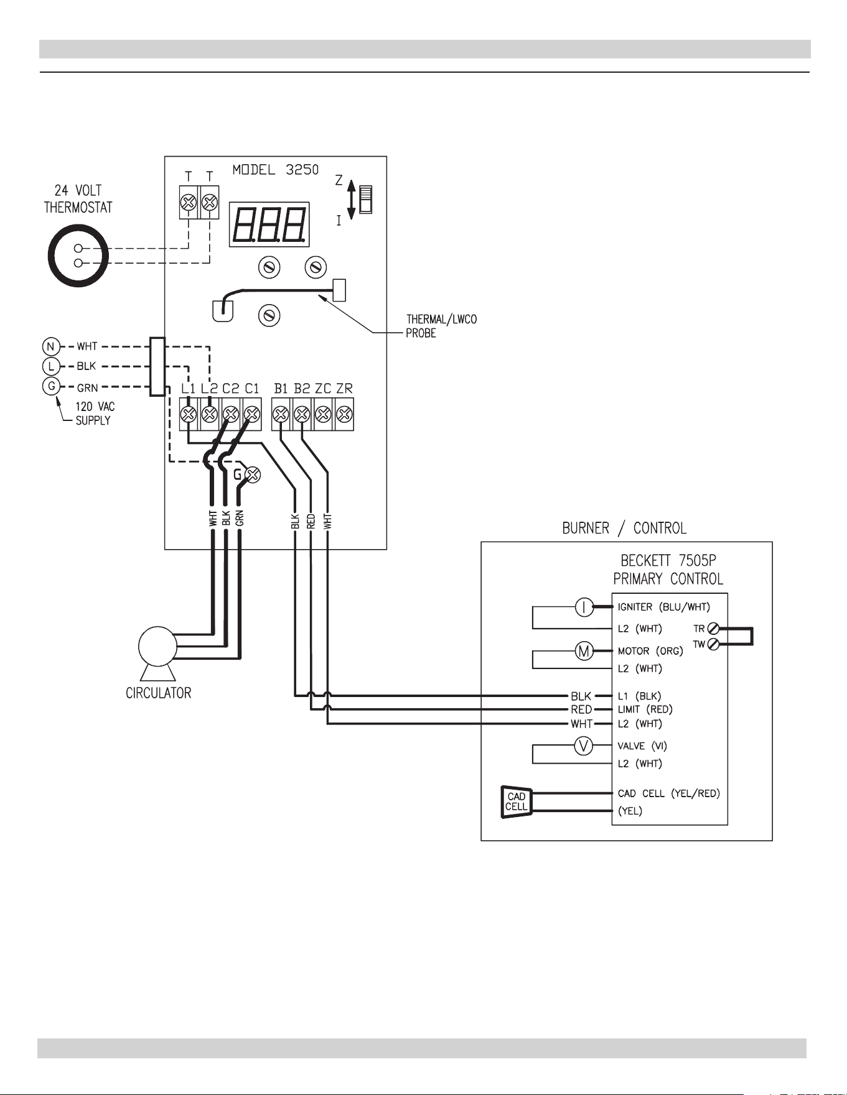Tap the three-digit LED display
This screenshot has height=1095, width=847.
(x=269, y=224)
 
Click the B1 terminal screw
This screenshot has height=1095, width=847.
(x=281, y=414)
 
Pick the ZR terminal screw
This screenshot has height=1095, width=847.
(x=344, y=414)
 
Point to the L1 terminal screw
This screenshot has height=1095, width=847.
(x=189, y=414)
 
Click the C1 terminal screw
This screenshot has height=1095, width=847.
(x=251, y=414)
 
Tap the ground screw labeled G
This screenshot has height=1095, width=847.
(x=253, y=475)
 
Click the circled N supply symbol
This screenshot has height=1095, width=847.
(x=50, y=346)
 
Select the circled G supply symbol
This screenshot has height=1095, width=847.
(x=50, y=386)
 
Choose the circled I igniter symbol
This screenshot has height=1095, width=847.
(x=584, y=607)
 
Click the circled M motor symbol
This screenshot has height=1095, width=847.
(x=584, y=651)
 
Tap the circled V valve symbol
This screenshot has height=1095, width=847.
(x=584, y=746)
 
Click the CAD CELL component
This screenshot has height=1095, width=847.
(x=517, y=802)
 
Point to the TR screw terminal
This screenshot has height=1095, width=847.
(x=714, y=629)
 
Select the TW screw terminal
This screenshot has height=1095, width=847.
(x=714, y=644)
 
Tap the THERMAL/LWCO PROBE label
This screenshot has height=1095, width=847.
(x=441, y=326)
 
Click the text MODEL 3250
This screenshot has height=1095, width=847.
(x=276, y=170)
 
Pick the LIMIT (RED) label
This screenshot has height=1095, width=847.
(x=645, y=709)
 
